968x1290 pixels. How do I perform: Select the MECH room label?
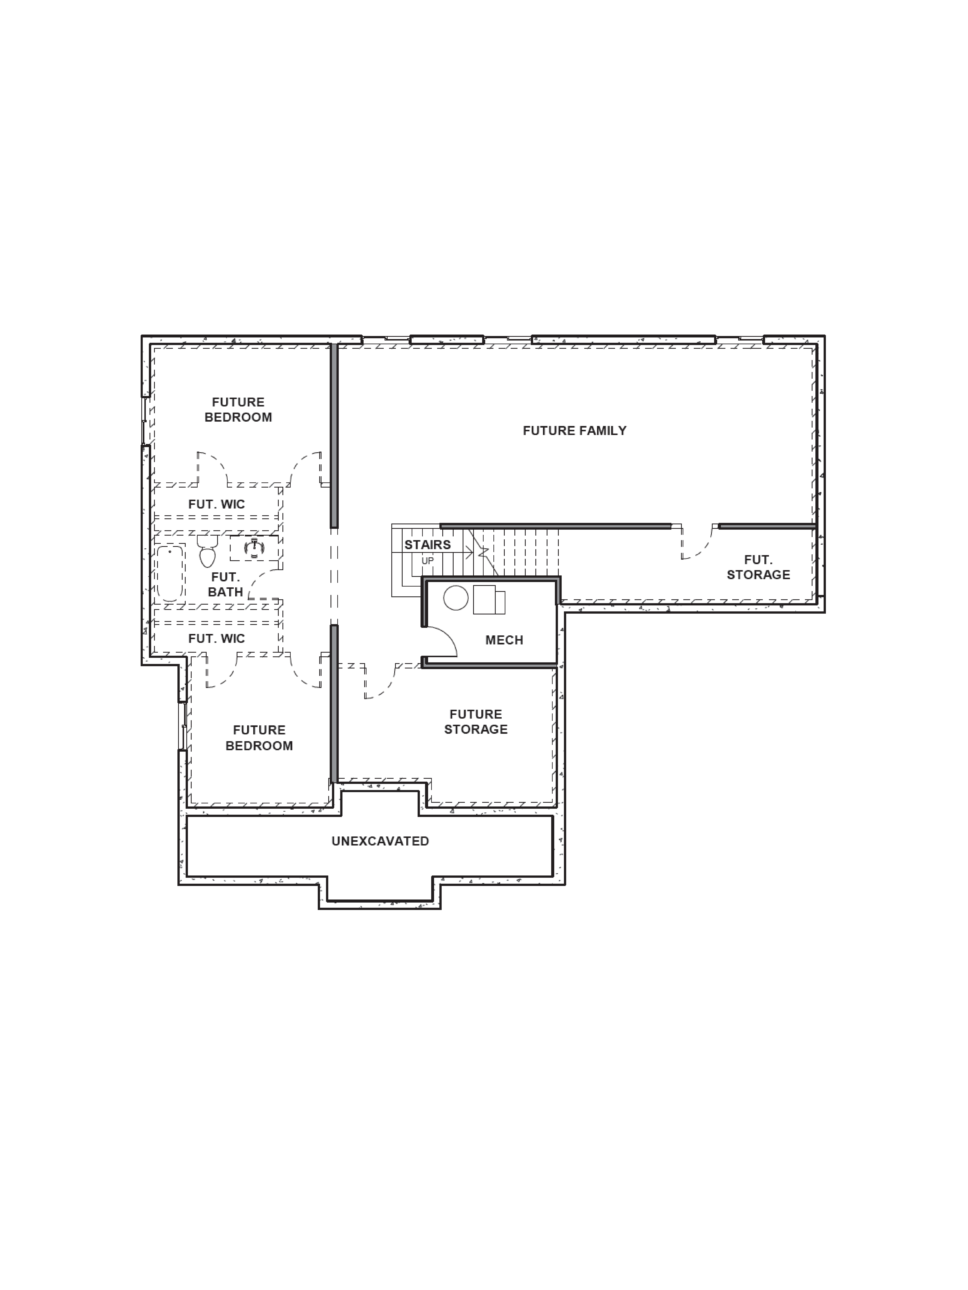(x=504, y=640)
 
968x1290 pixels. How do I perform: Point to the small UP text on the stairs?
(x=428, y=561)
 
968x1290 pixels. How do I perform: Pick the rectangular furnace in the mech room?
(x=488, y=599)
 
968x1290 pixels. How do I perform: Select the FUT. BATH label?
(x=225, y=584)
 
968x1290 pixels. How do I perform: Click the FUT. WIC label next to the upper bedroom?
(x=216, y=504)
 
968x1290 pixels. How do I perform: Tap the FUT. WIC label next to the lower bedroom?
(x=216, y=639)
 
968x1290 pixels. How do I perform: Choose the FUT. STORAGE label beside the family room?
(x=758, y=567)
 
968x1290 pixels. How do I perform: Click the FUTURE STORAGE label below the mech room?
(x=476, y=721)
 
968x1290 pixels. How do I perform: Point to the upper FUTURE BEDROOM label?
(x=238, y=409)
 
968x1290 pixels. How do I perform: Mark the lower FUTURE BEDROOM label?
(x=259, y=738)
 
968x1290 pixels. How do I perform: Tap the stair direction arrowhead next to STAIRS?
(x=469, y=551)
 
